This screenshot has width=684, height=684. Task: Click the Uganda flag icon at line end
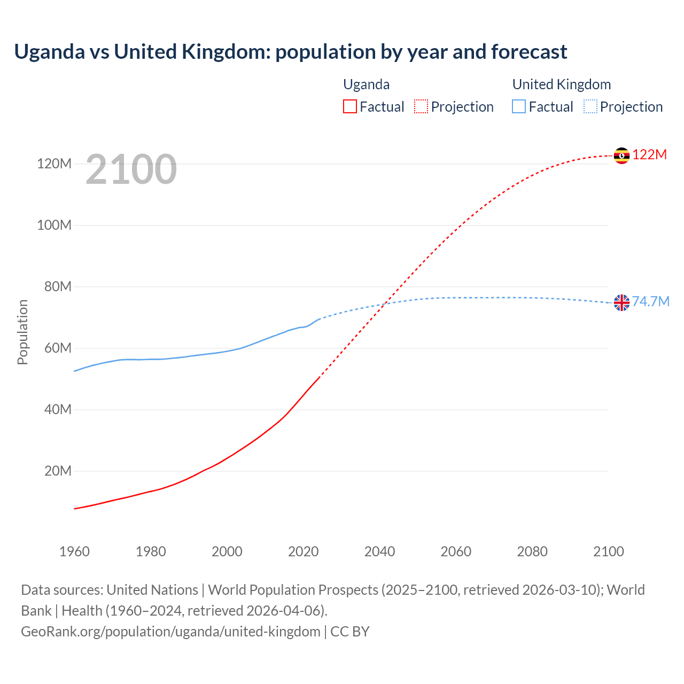pyautogui.click(x=621, y=156)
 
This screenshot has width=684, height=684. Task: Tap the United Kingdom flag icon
pyautogui.click(x=621, y=302)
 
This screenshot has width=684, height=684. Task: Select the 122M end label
pyautogui.click(x=650, y=155)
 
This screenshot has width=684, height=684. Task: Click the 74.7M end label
pyautogui.click(x=651, y=302)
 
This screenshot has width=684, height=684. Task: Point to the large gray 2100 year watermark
pyautogui.click(x=131, y=169)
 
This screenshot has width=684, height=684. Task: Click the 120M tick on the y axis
pyautogui.click(x=54, y=164)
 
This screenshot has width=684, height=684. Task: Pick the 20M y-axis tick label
pyautogui.click(x=58, y=471)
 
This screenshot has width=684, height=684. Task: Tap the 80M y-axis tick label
pyautogui.click(x=58, y=287)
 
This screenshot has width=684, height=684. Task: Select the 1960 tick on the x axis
pyautogui.click(x=74, y=551)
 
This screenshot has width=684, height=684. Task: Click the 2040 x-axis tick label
pyautogui.click(x=379, y=551)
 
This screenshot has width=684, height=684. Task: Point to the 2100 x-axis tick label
pyautogui.click(x=608, y=551)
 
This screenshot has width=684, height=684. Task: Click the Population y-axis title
pyautogui.click(x=22, y=332)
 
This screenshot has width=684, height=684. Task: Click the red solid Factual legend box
pyautogui.click(x=350, y=107)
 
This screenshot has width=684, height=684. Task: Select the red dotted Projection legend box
pyautogui.click(x=421, y=107)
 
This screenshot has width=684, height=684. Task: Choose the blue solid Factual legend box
pyautogui.click(x=519, y=107)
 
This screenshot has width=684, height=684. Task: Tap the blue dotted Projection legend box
pyautogui.click(x=590, y=107)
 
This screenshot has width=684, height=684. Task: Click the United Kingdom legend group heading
pyautogui.click(x=561, y=84)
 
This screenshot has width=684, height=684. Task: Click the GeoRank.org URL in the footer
pyautogui.click(x=170, y=632)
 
